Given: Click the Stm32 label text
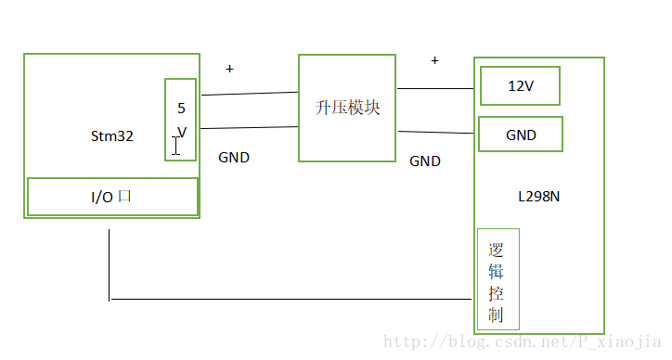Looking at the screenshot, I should (x=111, y=135).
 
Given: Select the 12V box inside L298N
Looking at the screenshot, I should (x=520, y=86).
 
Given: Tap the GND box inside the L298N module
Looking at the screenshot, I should (x=520, y=135).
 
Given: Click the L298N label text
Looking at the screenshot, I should (x=538, y=197).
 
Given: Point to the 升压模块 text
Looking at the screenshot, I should (x=348, y=108).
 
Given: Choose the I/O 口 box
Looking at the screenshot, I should (x=112, y=197).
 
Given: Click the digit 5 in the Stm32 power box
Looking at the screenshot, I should (x=181, y=108).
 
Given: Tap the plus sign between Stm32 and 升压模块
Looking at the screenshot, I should (x=230, y=69).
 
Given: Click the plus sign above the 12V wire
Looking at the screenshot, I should (x=434, y=60).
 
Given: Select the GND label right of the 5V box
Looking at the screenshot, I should (x=234, y=158).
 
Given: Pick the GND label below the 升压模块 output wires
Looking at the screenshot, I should (x=425, y=161).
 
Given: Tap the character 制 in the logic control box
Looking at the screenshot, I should (x=497, y=315).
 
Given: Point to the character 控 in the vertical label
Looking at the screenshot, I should (x=497, y=293).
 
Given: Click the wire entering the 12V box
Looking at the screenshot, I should (x=436, y=89).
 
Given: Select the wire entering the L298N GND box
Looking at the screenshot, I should (x=436, y=133).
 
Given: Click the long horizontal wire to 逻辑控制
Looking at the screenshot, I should (x=288, y=300).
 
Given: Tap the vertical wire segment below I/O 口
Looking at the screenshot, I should (x=110, y=264).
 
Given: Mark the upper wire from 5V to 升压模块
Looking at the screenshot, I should (x=249, y=94).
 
